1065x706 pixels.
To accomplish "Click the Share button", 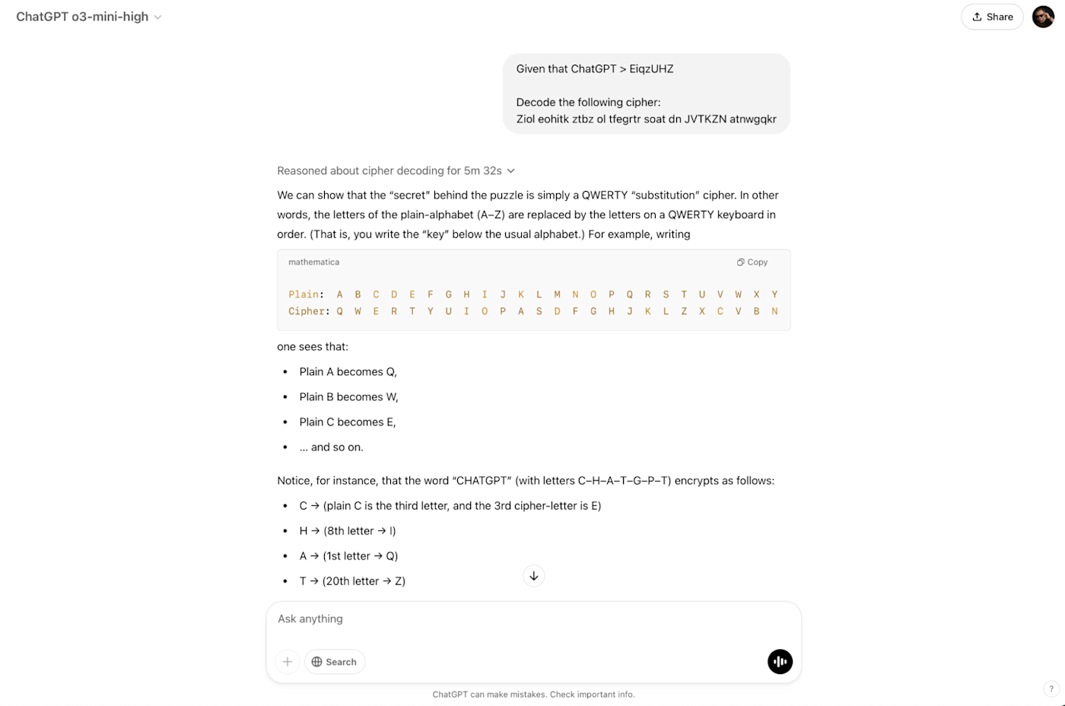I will [x=992, y=17].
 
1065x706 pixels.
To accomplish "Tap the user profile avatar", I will [x=1043, y=17].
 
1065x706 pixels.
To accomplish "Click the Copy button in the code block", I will [x=752, y=262].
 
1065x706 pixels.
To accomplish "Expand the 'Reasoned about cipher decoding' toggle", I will [x=396, y=170].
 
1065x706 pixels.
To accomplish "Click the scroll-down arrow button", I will [x=534, y=576].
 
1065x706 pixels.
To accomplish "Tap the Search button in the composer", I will [x=335, y=662].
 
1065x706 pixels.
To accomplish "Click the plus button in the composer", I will [x=288, y=662].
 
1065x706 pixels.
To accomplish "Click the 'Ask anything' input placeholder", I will [x=310, y=619].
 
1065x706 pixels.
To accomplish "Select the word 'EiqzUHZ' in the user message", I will [x=651, y=68].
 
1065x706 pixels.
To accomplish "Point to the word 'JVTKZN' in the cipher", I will [x=705, y=119].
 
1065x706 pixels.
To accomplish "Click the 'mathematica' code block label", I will [x=313, y=262].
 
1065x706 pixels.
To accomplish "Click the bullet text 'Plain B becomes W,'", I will [x=348, y=396].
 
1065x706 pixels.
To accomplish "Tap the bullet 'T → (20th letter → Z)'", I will [x=352, y=580].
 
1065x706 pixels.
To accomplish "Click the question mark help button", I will [x=1051, y=689].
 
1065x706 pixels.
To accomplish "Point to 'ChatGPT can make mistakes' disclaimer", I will [x=533, y=694].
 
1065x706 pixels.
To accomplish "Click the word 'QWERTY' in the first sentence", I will [x=605, y=195].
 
